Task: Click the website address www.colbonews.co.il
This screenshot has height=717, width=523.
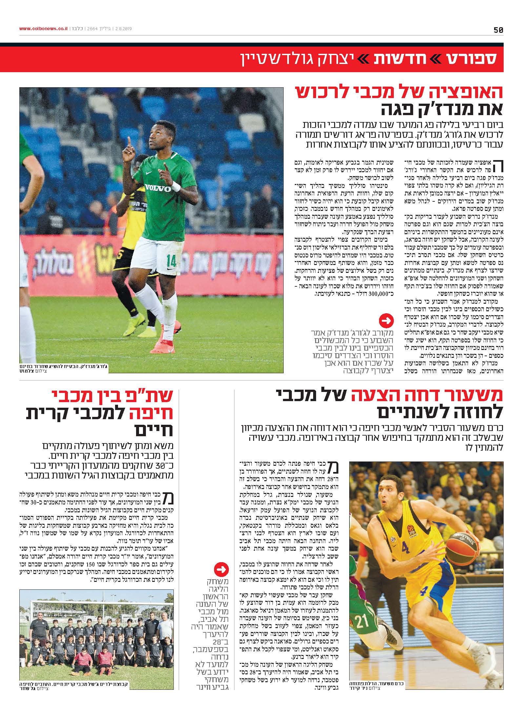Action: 43,29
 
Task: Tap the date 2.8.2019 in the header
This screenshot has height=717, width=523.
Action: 122,29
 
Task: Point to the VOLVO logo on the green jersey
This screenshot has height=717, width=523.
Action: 159,189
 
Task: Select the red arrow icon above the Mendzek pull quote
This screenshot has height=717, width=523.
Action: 386,321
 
